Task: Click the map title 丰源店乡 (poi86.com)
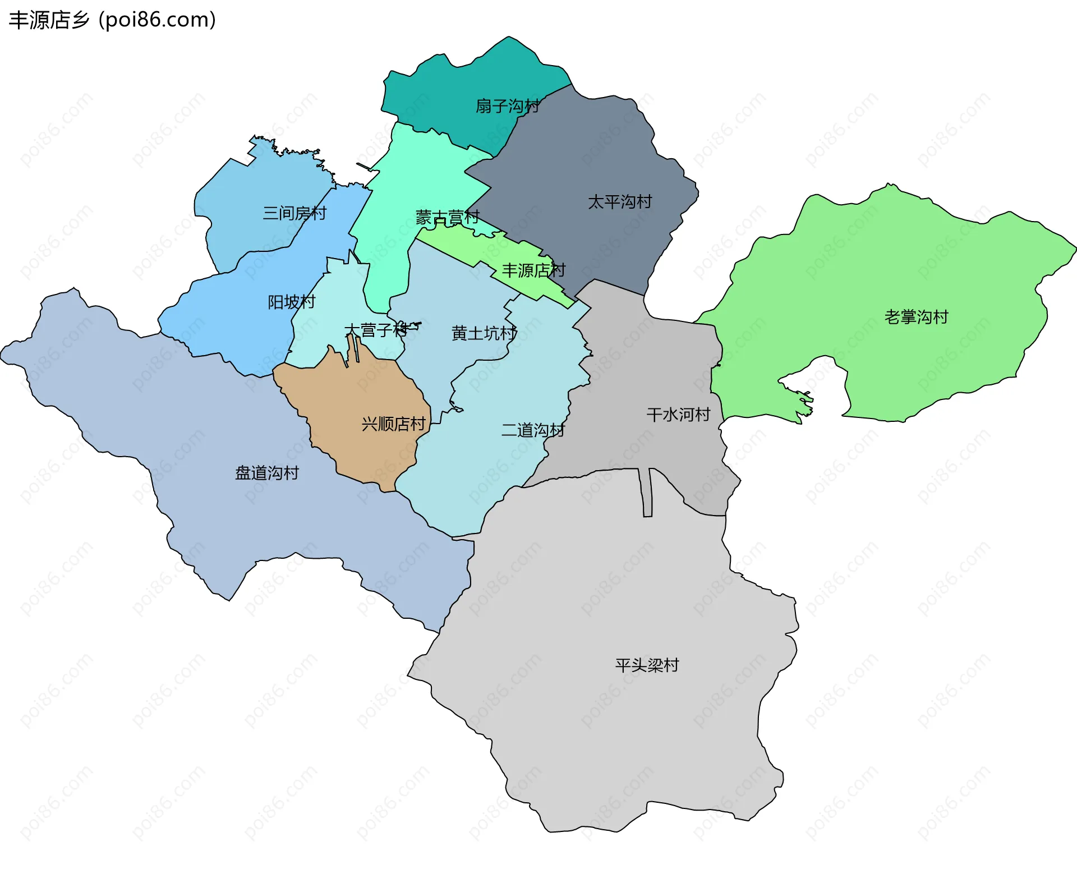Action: click(x=112, y=20)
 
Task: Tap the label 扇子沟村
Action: click(x=507, y=106)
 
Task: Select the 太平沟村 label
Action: click(x=619, y=202)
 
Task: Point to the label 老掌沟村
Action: click(x=916, y=318)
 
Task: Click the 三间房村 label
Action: click(x=294, y=213)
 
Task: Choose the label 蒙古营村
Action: click(x=447, y=217)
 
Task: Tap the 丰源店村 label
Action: click(x=533, y=271)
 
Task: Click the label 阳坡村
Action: click(x=291, y=302)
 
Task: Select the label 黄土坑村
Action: click(x=484, y=333)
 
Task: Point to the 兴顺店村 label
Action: click(x=393, y=424)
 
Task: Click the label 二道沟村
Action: click(x=532, y=430)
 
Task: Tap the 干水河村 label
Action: click(x=678, y=415)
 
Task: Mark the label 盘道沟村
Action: click(x=267, y=473)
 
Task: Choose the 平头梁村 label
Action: click(x=647, y=665)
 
